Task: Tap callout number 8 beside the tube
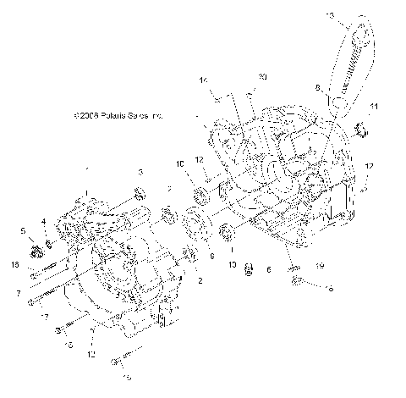[317, 86]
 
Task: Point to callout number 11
[375, 105]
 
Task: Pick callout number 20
[263, 77]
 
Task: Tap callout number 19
[320, 266]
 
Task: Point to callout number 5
[23, 230]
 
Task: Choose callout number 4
[43, 222]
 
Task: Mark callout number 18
[15, 265]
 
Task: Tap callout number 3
[140, 172]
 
